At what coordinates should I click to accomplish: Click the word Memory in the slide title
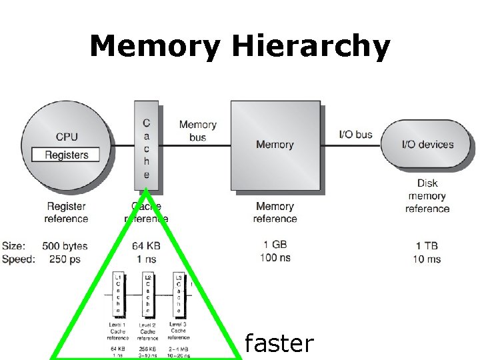click(155, 47)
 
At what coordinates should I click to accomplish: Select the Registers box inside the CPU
click(66, 155)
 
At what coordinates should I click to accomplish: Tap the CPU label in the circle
click(67, 137)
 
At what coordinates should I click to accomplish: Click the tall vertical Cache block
click(146, 149)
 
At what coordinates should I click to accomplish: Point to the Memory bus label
click(197, 131)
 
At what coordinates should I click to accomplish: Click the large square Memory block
click(275, 145)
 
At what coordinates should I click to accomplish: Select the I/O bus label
click(355, 134)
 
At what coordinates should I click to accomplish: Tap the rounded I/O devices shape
click(427, 145)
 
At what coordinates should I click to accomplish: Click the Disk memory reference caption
click(427, 196)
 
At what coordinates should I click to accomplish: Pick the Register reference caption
click(66, 213)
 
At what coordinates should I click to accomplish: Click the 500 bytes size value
click(65, 246)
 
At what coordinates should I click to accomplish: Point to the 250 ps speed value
click(65, 259)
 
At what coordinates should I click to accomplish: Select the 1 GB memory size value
click(275, 245)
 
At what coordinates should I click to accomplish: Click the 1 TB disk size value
click(427, 246)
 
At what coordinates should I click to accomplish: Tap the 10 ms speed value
click(427, 259)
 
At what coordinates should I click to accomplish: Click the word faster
click(279, 343)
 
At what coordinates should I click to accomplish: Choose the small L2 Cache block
click(147, 294)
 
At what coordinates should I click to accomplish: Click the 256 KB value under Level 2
click(147, 348)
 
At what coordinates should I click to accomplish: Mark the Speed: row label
click(19, 259)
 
